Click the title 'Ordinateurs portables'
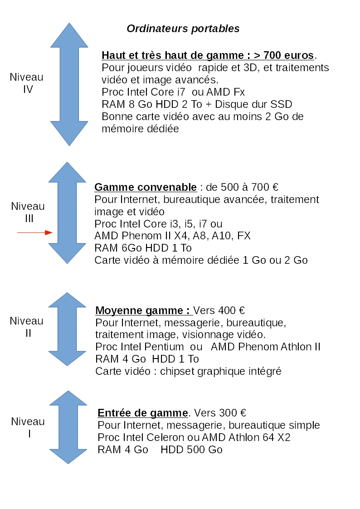(x=183, y=29)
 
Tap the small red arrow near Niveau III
(x=35, y=233)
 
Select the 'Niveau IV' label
(x=27, y=83)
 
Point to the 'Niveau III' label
(x=28, y=212)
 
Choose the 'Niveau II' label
(x=27, y=327)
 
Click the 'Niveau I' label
(x=28, y=427)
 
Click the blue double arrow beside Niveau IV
(x=69, y=84)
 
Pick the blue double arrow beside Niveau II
(x=67, y=329)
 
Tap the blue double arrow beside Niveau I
(x=68, y=427)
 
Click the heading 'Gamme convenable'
(x=146, y=187)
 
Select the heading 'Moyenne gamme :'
(x=142, y=310)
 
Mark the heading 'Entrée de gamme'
(x=143, y=413)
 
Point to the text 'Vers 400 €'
(x=219, y=310)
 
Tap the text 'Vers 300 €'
(x=220, y=413)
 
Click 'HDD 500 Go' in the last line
(x=191, y=450)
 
